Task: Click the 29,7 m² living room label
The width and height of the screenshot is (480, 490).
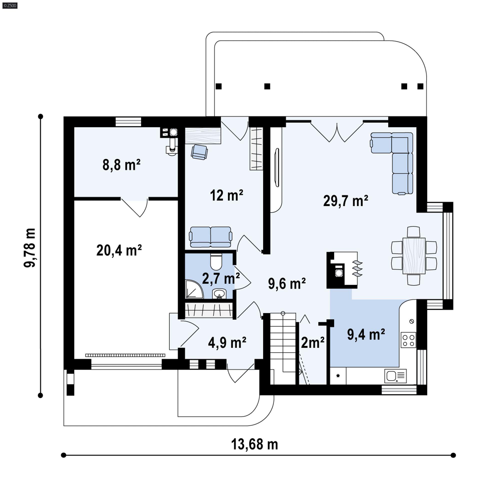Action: [x=345, y=201]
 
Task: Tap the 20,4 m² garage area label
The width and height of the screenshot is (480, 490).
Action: [x=119, y=250]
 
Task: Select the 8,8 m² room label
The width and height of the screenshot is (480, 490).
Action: [x=121, y=165]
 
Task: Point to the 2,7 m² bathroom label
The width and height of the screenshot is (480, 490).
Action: [x=221, y=278]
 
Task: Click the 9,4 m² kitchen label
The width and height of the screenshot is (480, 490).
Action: [x=366, y=334]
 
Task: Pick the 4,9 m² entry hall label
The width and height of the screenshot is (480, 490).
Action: [x=227, y=342]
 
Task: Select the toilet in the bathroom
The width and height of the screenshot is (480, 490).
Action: [x=216, y=262]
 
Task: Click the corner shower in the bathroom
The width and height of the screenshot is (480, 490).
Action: [x=194, y=289]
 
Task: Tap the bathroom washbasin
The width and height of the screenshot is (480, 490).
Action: [x=219, y=294]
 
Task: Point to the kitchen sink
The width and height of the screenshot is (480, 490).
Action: [x=395, y=376]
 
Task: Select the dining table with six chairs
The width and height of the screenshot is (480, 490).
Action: [x=414, y=256]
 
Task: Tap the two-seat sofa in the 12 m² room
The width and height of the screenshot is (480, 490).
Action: [x=210, y=237]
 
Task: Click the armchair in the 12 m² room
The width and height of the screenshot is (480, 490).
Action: [x=199, y=152]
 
